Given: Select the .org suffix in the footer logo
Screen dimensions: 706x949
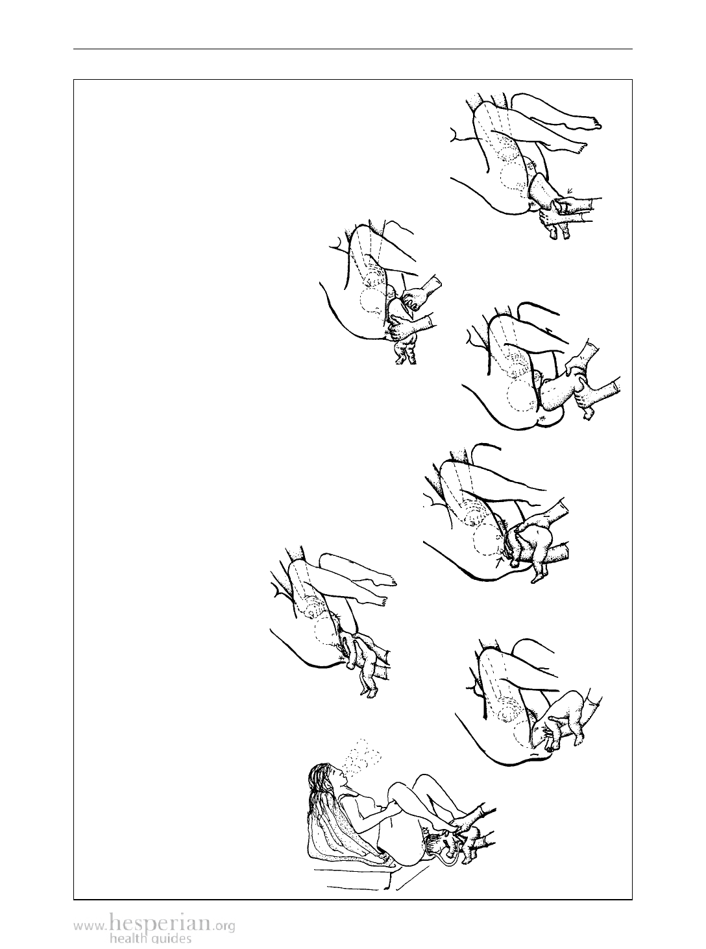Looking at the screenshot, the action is pyautogui.click(x=224, y=923).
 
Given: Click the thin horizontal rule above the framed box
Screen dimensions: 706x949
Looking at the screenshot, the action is pyautogui.click(x=353, y=49).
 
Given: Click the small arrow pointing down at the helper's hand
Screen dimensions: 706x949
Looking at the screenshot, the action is pyautogui.click(x=570, y=190).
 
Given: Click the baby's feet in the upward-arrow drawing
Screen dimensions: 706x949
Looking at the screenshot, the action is pyautogui.click(x=537, y=575).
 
